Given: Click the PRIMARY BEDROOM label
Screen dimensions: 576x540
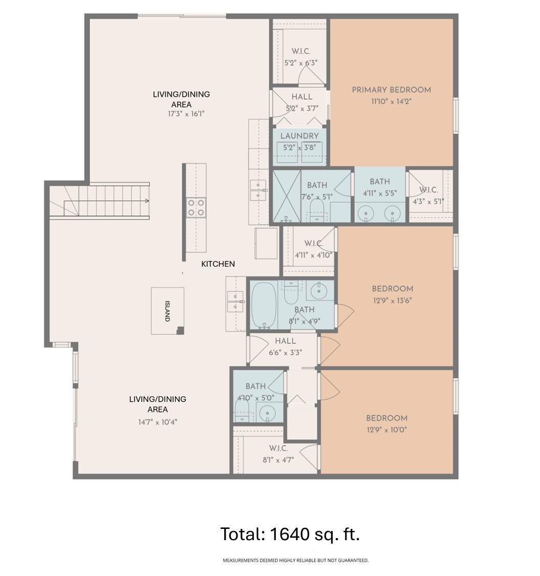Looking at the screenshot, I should pos(391,90).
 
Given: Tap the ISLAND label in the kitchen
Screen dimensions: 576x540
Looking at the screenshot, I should pos(167,311).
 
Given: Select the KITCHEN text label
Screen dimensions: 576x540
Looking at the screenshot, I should pos(218,264).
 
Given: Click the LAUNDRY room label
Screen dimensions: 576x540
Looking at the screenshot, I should pos(299,136).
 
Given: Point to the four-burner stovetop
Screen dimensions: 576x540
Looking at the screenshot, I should pos(196,207).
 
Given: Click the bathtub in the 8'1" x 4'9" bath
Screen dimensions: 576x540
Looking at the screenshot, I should pos(264,305).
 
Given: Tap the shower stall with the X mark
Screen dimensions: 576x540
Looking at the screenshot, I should pos(287,196).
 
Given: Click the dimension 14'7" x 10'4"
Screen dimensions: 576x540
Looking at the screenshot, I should pos(157,422).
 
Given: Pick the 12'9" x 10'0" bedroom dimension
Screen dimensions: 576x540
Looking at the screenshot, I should pos(386,430).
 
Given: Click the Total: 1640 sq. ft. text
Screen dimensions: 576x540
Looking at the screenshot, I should pos(290,534).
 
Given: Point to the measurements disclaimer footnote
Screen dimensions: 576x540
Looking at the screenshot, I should pos(295,561).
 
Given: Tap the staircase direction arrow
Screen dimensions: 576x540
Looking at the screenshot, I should pos(146,201).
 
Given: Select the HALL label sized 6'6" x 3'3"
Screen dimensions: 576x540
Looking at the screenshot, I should pos(285,341).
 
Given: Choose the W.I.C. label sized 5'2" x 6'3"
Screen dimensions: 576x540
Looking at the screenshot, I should pos(301,52).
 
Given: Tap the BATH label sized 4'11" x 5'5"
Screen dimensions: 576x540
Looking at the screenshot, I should pos(379,182).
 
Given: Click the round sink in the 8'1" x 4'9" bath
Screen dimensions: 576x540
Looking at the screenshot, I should pos(319,290).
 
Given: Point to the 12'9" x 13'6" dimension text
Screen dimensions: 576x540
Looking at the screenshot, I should pos(392,301).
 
